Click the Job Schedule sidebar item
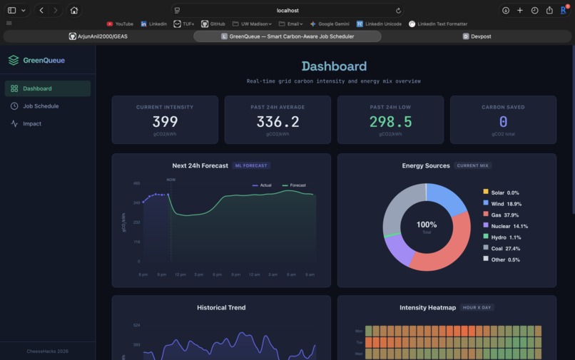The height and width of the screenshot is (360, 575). pos(41,106)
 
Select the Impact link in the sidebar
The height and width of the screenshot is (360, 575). pos(32,123)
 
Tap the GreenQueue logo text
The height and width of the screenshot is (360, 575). pos(44,61)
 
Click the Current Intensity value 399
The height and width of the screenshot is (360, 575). pos(165,122)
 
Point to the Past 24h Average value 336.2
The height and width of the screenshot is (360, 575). pos(278,122)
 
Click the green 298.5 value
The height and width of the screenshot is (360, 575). pos(390,122)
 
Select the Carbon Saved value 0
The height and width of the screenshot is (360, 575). pos(503,122)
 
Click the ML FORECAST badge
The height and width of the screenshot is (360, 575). pos(251,165)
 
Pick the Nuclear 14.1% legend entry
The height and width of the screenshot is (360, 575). pos(509,226)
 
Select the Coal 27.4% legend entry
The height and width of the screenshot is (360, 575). pos(505,248)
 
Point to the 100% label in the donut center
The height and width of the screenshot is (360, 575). pos(427,225)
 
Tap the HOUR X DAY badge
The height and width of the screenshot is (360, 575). pos(477,308)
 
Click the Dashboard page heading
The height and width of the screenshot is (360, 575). pos(333,66)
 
